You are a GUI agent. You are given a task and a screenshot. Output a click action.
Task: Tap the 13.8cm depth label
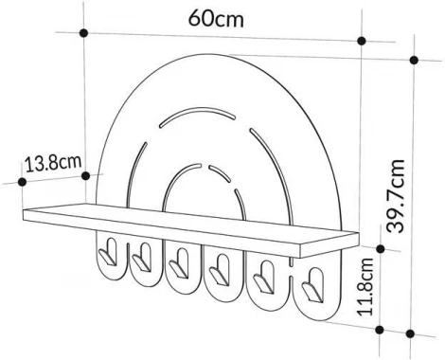tap(52, 162)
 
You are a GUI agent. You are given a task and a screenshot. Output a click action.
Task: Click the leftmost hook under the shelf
tap(108, 253)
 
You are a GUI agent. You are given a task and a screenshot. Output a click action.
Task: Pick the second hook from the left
tap(143, 259)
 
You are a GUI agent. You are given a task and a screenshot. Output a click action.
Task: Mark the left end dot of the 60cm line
tap(84, 33)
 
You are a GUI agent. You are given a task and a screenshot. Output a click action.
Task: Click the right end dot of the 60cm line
tap(362, 42)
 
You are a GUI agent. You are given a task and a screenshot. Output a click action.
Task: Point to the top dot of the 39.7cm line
tap(414, 59)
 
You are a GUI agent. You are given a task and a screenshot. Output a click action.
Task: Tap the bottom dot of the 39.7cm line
tap(414, 333)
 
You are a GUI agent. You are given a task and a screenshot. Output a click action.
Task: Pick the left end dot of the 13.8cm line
tap(20, 178)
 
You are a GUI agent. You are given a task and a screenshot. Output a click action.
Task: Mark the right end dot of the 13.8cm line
tap(88, 173)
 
